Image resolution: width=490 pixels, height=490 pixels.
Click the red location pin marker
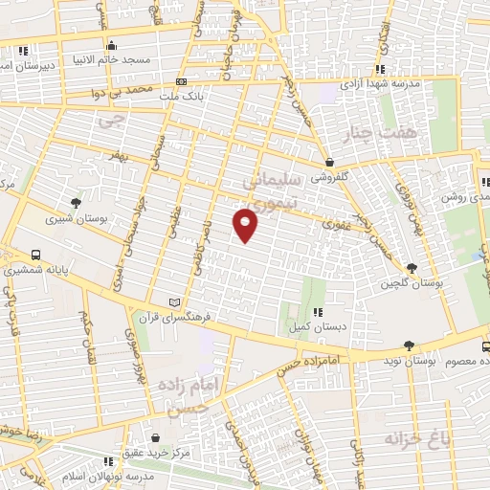pos(246,226)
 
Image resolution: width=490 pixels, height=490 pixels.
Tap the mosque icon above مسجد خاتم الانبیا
pos(112,44)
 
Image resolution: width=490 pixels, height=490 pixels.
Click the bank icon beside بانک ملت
pos(182,82)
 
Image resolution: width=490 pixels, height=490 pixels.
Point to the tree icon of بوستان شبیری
pos(76,202)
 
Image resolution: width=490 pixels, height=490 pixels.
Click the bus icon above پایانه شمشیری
pos(35,256)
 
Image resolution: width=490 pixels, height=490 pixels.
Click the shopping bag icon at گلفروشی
pos(329,162)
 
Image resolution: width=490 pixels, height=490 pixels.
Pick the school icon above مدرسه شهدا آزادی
pos(380,69)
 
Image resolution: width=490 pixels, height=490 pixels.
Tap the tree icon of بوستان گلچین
pos(412,268)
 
